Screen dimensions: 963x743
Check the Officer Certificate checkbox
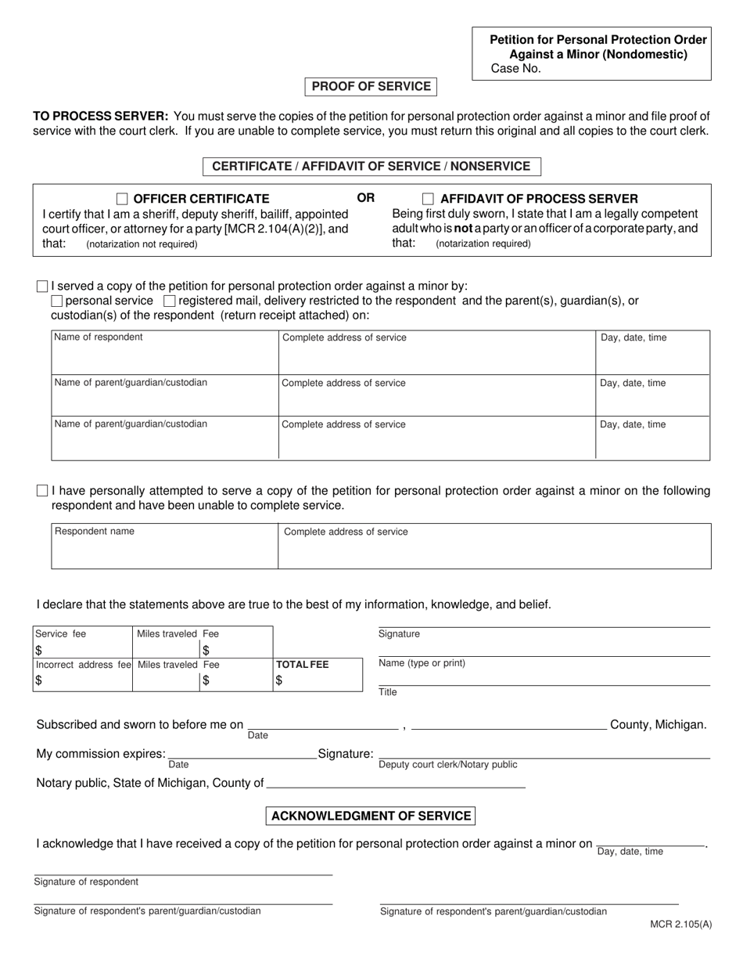click(x=122, y=199)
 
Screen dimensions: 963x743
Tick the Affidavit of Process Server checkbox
click(x=428, y=199)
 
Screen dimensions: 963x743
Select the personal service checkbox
click(x=56, y=301)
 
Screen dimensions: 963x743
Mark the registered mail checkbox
click(x=169, y=301)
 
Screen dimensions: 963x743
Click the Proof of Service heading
click(x=371, y=86)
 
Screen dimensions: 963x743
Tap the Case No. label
click(x=515, y=69)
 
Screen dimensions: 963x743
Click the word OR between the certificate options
click(x=366, y=198)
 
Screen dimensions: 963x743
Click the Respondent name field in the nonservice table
click(x=164, y=546)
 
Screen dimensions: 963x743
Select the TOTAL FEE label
click(x=303, y=665)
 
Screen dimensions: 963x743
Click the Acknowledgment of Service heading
click(x=371, y=816)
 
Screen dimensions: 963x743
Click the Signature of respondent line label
click(x=86, y=882)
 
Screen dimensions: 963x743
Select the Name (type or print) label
click(x=422, y=663)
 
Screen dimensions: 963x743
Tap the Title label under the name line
click(x=388, y=692)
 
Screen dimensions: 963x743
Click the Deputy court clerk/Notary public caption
click(x=447, y=765)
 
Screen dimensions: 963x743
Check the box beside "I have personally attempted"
click(x=42, y=491)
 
